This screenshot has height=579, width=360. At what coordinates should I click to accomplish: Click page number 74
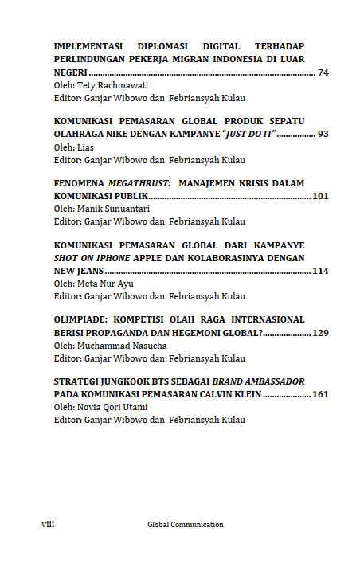click(323, 72)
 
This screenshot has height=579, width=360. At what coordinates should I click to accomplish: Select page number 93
click(323, 134)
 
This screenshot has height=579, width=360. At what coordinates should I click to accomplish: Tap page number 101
click(320, 195)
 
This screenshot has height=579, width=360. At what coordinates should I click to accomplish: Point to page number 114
click(320, 271)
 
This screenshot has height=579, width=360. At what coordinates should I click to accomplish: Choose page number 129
click(320, 332)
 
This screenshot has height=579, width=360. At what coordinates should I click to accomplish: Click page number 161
click(320, 394)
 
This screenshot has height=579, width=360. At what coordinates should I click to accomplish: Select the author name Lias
click(85, 147)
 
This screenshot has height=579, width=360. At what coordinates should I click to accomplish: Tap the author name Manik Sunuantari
click(112, 208)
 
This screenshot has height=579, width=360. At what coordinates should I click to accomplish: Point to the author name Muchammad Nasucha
click(118, 345)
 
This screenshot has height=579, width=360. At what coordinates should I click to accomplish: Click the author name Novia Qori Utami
click(112, 407)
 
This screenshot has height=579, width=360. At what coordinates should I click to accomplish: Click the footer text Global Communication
click(186, 525)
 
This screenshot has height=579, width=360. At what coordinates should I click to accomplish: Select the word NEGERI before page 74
click(70, 72)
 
